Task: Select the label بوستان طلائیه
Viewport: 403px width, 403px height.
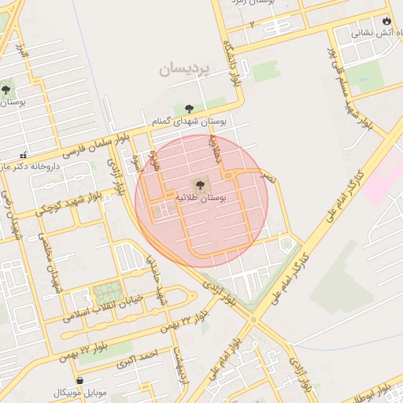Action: [x=201, y=199]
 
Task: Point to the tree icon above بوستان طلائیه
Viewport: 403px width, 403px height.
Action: [x=199, y=186]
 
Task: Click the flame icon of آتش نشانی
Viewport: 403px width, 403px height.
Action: [x=386, y=20]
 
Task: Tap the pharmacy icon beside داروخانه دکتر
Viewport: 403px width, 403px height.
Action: [x=24, y=154]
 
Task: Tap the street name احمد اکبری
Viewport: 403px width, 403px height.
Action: [x=138, y=358]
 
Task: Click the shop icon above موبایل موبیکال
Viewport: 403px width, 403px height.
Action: [x=79, y=380]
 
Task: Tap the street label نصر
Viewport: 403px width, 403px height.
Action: [x=270, y=179]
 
